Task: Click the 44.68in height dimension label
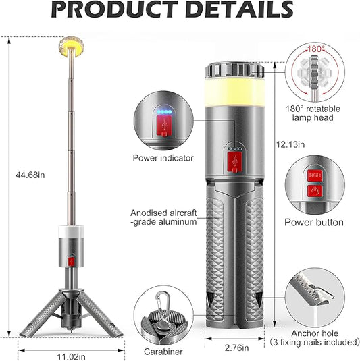click(30, 175)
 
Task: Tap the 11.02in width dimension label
click(71, 357)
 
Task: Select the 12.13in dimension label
click(290, 144)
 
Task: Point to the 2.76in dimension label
click(236, 348)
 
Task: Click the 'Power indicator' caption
click(163, 158)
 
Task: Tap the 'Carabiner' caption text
click(163, 352)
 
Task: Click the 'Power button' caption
click(314, 223)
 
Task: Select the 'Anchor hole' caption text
click(315, 333)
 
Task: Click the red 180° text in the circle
click(316, 49)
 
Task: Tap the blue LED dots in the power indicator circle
click(164, 112)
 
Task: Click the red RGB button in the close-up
click(315, 175)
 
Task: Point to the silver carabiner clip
click(163, 304)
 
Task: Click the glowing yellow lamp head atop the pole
click(71, 47)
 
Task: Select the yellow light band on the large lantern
click(234, 92)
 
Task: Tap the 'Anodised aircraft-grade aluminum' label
click(163, 217)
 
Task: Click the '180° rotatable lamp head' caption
click(313, 113)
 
